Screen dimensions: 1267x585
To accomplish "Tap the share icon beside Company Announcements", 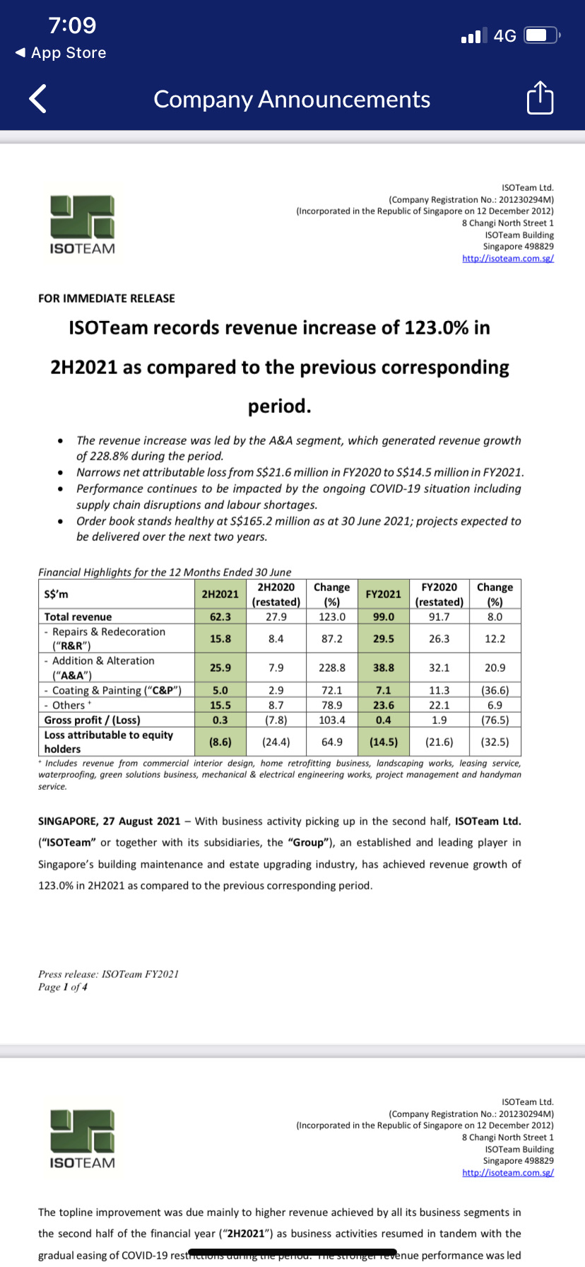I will [x=540, y=98].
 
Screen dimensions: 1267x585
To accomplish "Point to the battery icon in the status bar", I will [x=541, y=35].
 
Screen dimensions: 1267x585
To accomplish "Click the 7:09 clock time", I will [x=72, y=25].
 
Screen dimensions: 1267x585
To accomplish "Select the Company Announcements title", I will [x=292, y=99].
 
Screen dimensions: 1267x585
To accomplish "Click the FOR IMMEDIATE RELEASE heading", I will [x=107, y=298].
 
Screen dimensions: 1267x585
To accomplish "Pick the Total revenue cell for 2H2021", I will [x=220, y=617].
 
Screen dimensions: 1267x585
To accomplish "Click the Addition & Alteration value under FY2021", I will [x=384, y=667].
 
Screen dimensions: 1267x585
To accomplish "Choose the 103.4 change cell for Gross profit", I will [x=332, y=720].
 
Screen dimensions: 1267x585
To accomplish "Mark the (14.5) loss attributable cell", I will [x=384, y=742].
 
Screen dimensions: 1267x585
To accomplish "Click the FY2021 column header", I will [x=384, y=594].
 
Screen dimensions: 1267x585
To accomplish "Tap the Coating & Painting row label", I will [x=113, y=690].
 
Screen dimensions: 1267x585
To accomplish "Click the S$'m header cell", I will [x=57, y=594].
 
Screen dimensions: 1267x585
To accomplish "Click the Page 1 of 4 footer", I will [x=63, y=987].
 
